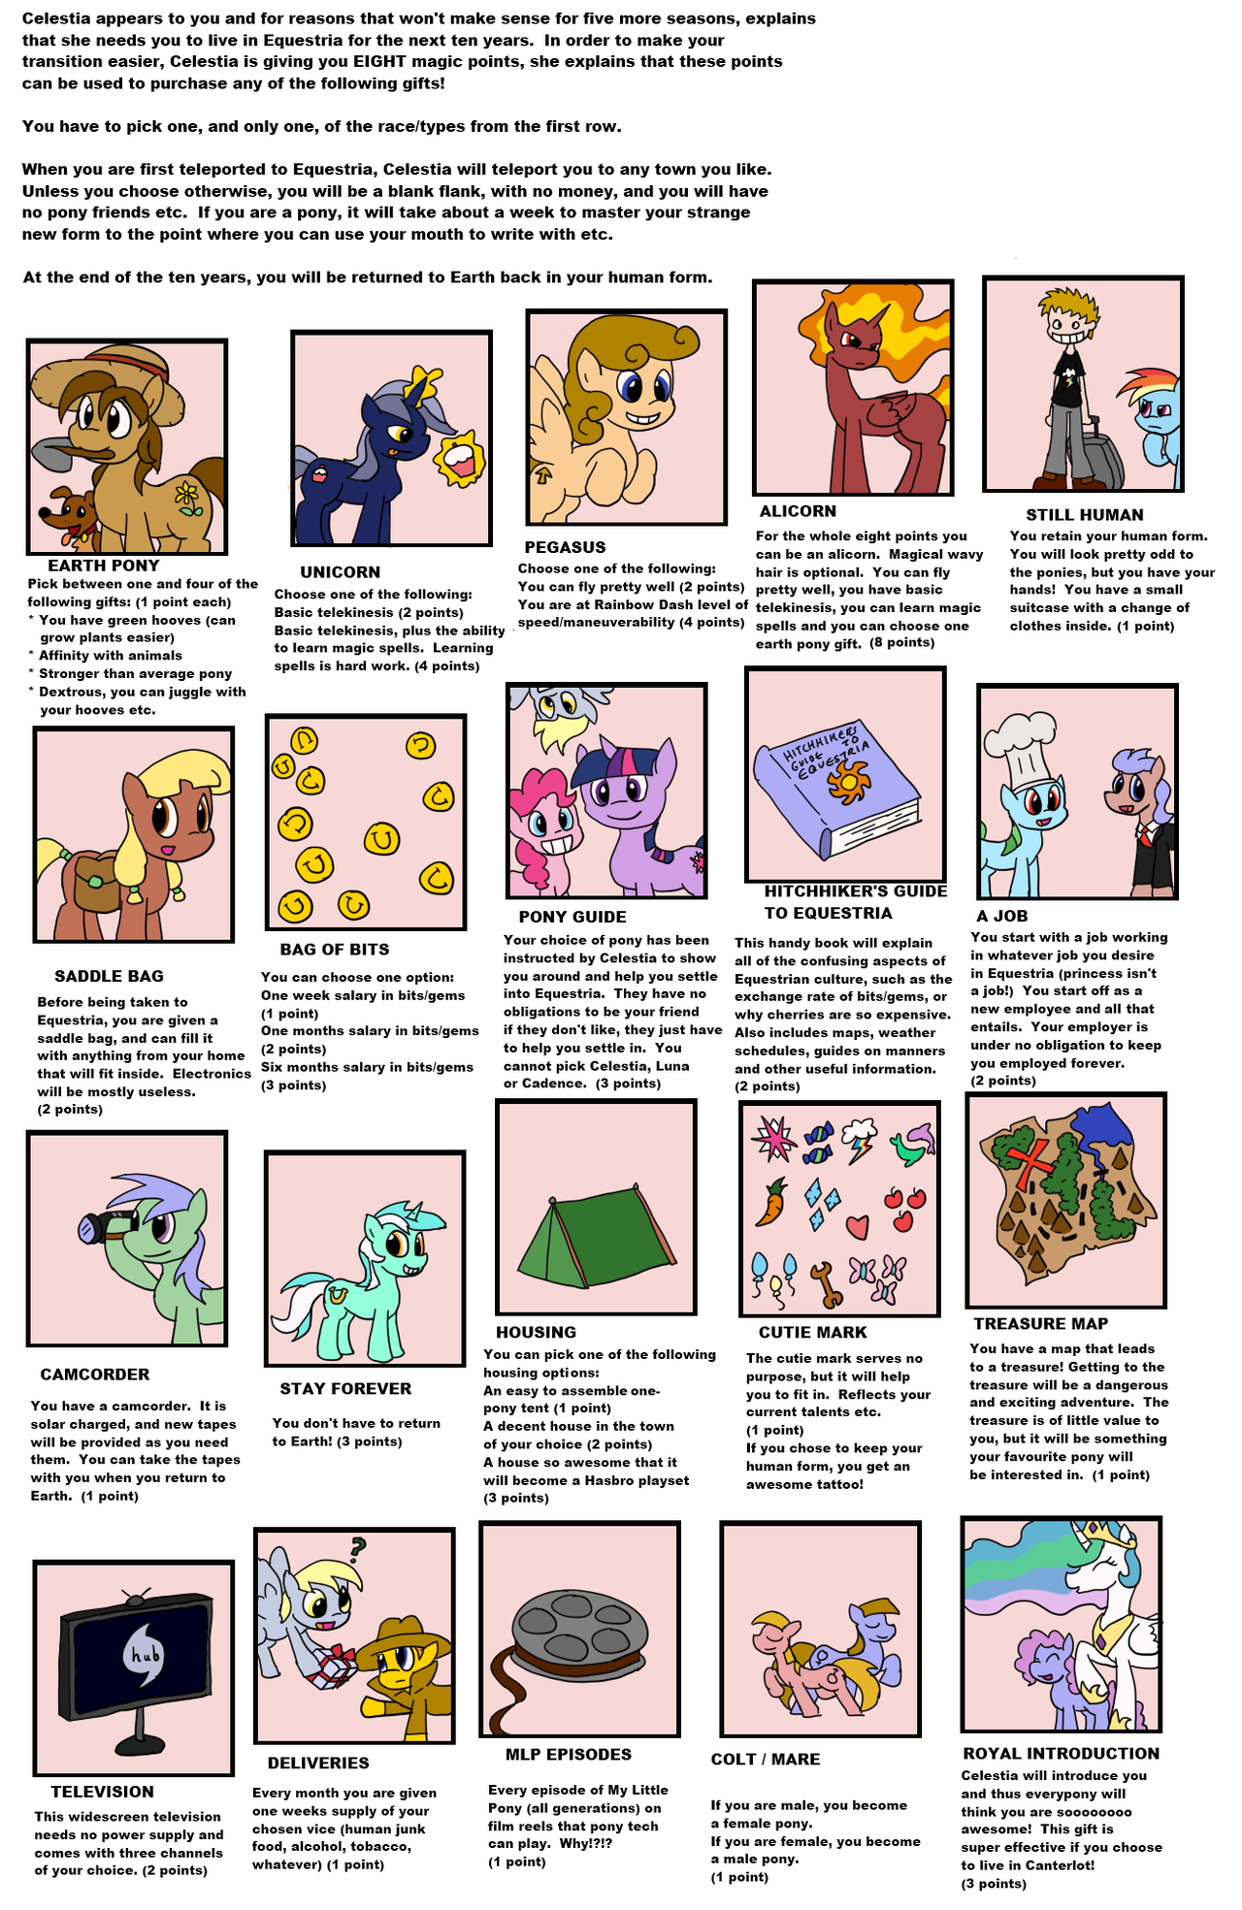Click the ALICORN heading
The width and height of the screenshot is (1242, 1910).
pyautogui.click(x=797, y=511)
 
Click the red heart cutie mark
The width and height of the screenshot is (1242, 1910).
pyautogui.click(x=857, y=1226)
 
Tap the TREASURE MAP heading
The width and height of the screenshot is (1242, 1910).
pyautogui.click(x=1040, y=1324)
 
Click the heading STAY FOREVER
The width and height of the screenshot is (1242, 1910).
pyautogui.click(x=345, y=1389)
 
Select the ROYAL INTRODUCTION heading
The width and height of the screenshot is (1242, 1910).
pyautogui.click(x=1061, y=1754)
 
